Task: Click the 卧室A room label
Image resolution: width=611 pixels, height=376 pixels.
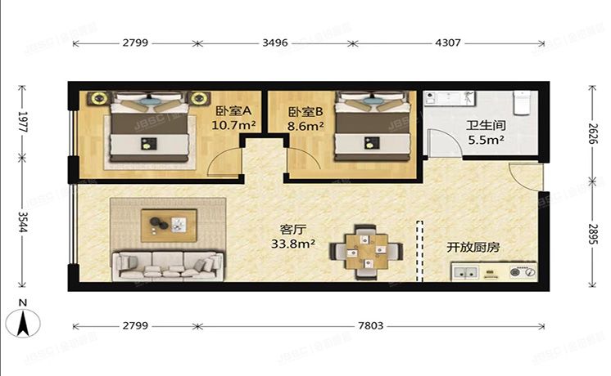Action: click(x=233, y=111)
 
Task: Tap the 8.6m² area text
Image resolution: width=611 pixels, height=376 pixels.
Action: click(x=306, y=126)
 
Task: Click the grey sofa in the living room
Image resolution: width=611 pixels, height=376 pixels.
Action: click(x=168, y=264)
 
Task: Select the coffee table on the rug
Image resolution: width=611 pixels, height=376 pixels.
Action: click(x=168, y=223)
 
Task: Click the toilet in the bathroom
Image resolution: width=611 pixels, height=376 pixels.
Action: click(x=522, y=104)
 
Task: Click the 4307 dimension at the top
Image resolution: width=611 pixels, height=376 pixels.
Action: click(x=447, y=43)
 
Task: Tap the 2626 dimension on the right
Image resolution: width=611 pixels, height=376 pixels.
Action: click(x=592, y=133)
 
